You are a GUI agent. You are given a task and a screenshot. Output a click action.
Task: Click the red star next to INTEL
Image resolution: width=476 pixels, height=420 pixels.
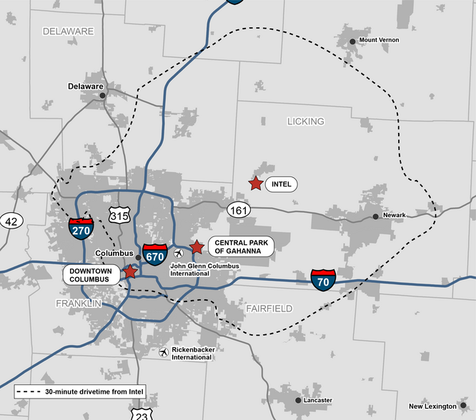(x=255, y=184)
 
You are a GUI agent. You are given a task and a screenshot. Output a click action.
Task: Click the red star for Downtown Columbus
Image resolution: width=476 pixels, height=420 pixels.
(x=130, y=271)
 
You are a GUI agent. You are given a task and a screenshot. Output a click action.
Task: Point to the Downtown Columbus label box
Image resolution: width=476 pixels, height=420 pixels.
(x=90, y=275)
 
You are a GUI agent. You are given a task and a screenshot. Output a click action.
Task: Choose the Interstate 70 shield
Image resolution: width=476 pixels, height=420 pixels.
(x=323, y=279)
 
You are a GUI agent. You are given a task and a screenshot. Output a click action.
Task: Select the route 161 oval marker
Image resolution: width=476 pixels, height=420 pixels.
(x=239, y=210)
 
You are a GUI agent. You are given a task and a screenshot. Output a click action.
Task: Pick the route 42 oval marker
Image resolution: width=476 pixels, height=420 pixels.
(x=11, y=221)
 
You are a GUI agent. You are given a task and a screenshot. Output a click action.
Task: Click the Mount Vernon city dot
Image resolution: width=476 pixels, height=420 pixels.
(x=352, y=41)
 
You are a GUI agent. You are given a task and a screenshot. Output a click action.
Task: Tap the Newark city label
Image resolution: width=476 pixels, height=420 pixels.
(x=394, y=215)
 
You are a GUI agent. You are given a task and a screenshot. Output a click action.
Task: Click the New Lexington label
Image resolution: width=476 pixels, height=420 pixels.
(x=432, y=406)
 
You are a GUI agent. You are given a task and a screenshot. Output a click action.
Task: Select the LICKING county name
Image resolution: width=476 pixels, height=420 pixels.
(x=305, y=121)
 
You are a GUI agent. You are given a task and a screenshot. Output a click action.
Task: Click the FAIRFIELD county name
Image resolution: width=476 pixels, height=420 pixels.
(x=269, y=309)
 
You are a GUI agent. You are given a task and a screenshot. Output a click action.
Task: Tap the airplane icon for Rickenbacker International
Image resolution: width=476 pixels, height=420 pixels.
(x=164, y=352)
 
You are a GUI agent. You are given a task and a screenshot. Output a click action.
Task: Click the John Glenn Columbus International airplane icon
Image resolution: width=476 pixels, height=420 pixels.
(x=179, y=253)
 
